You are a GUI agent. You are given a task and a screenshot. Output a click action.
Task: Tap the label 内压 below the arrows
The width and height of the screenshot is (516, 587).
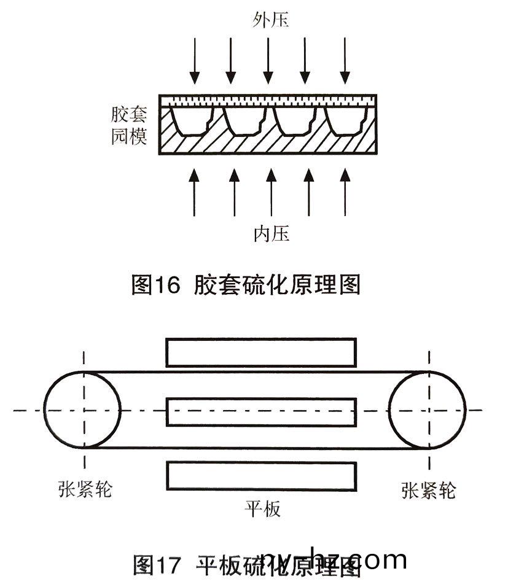(x=271, y=233)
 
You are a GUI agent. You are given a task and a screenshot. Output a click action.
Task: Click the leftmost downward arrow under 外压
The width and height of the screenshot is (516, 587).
(x=195, y=60)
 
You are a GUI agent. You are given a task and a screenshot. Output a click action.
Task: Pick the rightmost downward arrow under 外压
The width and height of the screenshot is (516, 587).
(x=345, y=60)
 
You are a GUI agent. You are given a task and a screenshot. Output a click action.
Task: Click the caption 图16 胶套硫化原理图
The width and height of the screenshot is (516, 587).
(x=246, y=284)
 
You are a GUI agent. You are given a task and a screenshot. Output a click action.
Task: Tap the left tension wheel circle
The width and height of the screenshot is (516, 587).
(x=82, y=410)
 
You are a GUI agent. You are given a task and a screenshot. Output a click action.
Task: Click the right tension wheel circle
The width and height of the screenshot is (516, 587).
(x=428, y=410)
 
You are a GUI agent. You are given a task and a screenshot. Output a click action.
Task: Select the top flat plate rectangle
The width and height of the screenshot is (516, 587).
(x=261, y=352)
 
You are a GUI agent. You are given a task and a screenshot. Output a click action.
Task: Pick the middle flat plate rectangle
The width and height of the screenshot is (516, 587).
(x=261, y=412)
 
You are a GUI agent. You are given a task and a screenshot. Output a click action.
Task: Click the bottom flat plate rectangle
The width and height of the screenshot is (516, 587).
(x=261, y=476)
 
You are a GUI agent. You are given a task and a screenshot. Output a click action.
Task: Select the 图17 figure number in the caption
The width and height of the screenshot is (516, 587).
(x=157, y=565)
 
